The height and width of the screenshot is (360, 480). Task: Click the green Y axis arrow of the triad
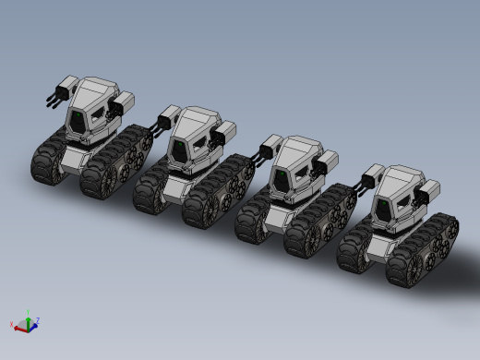tap(29, 316)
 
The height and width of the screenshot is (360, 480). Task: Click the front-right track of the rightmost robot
tap(405, 264)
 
